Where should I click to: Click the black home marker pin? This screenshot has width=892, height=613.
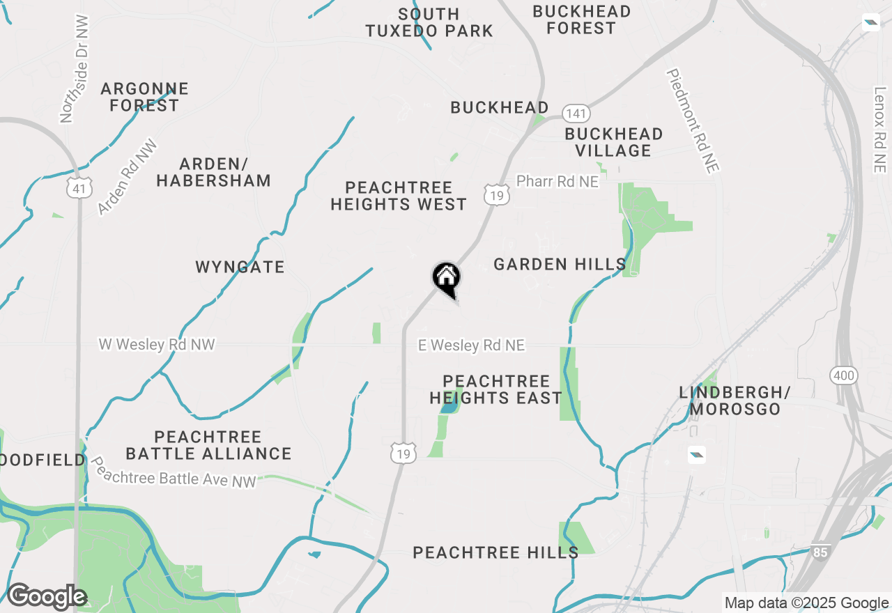pyautogui.click(x=447, y=279)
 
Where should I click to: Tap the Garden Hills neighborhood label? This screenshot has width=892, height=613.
pyautogui.click(x=560, y=264)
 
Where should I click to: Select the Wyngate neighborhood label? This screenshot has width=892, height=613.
pyautogui.click(x=240, y=267)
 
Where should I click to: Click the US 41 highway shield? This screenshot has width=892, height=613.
pyautogui.click(x=79, y=187)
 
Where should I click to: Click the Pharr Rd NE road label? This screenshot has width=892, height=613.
pyautogui.click(x=557, y=181)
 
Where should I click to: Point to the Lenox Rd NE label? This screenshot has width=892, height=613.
pyautogui.click(x=880, y=130)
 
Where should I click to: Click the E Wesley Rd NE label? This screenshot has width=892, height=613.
pyautogui.click(x=471, y=346)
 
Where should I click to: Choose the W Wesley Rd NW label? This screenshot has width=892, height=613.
pyautogui.click(x=157, y=344)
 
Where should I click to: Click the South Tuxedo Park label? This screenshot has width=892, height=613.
pyautogui.click(x=429, y=22)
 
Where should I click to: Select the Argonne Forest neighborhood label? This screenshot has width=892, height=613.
pyautogui.click(x=145, y=97)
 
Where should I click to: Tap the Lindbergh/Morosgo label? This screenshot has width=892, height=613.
pyautogui.click(x=730, y=401)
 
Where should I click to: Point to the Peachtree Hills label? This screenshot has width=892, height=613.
pyautogui.click(x=495, y=552)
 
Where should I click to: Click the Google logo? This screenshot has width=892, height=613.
pyautogui.click(x=46, y=597)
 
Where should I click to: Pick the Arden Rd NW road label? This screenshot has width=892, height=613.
pyautogui.click(x=128, y=178)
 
